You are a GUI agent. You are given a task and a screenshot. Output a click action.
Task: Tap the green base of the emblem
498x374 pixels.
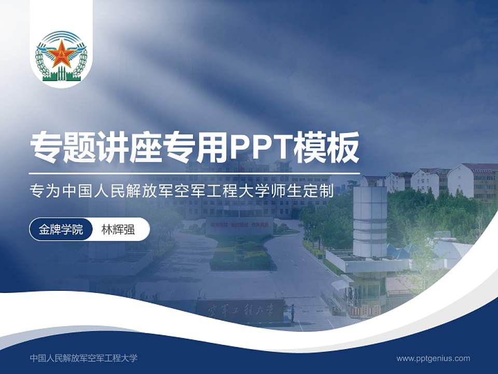61,77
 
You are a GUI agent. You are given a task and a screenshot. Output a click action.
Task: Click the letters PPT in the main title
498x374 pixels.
259,148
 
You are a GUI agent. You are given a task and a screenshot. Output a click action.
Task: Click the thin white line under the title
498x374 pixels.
195,173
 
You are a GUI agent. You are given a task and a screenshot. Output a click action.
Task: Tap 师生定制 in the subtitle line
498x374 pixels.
311,191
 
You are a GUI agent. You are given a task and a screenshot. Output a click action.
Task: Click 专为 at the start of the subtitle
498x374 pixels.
41,191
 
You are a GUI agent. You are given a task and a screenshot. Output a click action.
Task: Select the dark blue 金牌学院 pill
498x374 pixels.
61,230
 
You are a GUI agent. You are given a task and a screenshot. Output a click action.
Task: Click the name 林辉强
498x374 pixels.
118,230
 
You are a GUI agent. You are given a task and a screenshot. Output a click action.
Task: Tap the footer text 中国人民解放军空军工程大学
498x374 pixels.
84,358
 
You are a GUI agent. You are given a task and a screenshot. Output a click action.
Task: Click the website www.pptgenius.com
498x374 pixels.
433,358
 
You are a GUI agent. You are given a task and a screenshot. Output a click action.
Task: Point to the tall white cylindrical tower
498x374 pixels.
370,221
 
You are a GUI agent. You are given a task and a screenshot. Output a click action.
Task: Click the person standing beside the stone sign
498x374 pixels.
293,312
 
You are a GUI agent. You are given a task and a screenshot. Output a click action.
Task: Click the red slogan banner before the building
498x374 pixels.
240,226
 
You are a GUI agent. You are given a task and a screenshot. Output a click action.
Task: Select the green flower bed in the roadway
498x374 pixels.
240,255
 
